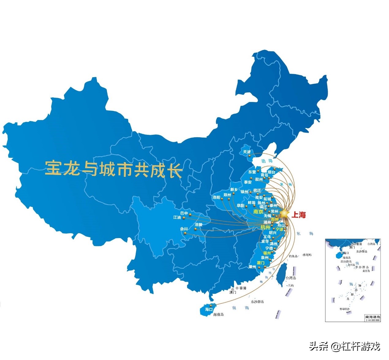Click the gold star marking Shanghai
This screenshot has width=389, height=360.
click(x=284, y=213)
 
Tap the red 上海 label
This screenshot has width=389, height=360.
click(x=298, y=215)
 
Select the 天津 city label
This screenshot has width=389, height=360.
click(x=247, y=152)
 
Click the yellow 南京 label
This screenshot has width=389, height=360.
click(x=258, y=212)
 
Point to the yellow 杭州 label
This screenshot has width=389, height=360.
click(x=265, y=227)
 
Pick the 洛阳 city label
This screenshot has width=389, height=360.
click(x=216, y=197)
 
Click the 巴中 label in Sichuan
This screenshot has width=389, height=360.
click(x=184, y=213)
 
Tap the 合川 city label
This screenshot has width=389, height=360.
click(x=184, y=229)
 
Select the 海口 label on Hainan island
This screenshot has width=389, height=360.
click(x=209, y=309)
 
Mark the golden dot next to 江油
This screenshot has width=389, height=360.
click(x=184, y=218)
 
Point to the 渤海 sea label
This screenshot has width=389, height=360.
click(x=267, y=161)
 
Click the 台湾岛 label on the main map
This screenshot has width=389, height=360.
click(x=291, y=278)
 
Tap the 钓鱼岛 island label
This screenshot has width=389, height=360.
click(x=293, y=256)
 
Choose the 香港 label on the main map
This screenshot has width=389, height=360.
click(x=243, y=288)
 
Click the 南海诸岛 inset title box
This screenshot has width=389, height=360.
click(x=372, y=317)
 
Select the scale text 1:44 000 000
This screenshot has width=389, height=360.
click(x=373, y=320)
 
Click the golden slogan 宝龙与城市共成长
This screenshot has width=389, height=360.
click(x=114, y=169)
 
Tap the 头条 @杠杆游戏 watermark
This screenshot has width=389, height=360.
click(x=344, y=346)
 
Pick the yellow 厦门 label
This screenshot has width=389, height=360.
click(x=260, y=263)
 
